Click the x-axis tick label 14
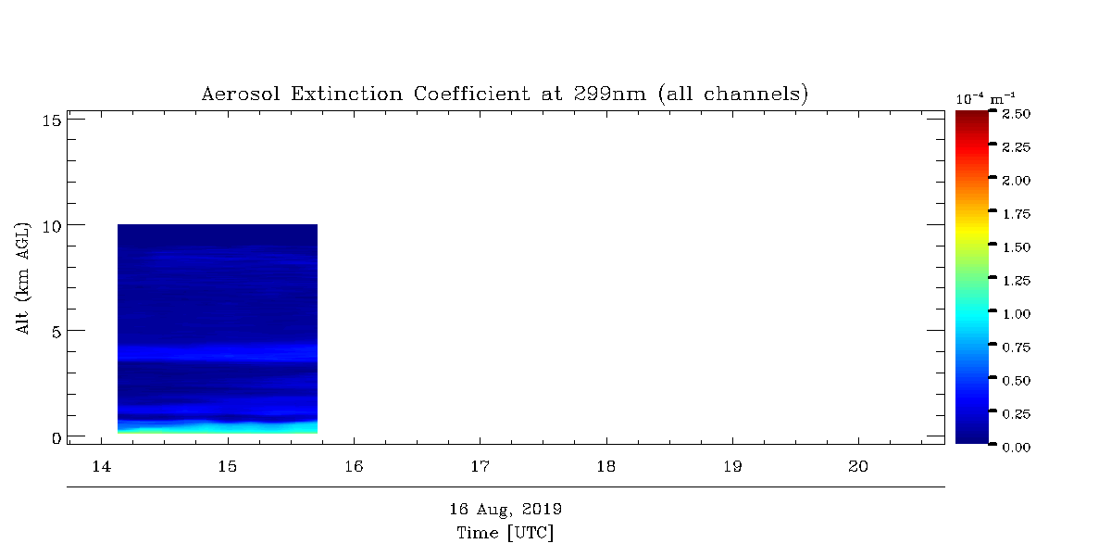tap(102, 467)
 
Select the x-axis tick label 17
tap(481, 467)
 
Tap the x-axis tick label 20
tap(858, 467)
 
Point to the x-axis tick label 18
tap(606, 467)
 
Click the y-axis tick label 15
tap(52, 120)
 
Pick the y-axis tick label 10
tap(52, 227)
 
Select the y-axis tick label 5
tap(56, 332)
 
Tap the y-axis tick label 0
tap(56, 438)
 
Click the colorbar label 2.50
tap(1017, 114)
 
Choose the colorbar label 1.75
tap(1017, 214)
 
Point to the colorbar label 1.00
tap(1017, 314)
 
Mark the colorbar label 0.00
tap(1017, 448)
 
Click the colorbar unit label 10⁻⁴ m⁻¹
tap(985, 99)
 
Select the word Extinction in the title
tap(346, 94)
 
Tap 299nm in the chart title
tap(610, 94)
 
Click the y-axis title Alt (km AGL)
tap(22, 278)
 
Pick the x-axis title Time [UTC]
tap(505, 533)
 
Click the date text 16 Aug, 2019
tap(506, 510)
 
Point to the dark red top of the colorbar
tap(972, 116)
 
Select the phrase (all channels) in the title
tap(733, 94)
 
